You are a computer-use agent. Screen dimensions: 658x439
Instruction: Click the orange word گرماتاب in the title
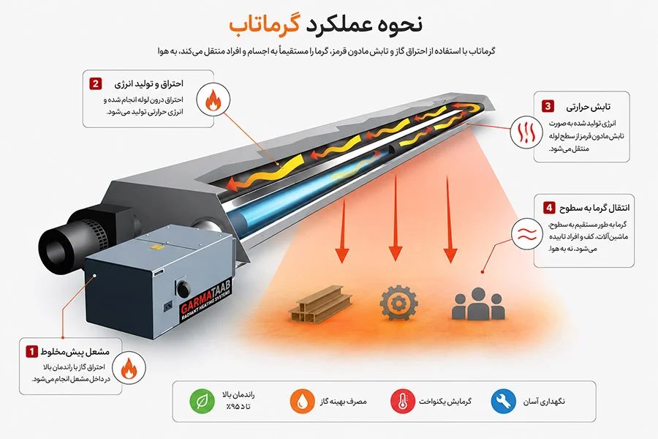265,23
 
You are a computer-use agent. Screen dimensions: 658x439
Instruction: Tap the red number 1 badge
31,351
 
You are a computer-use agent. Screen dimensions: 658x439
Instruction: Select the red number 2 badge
95,83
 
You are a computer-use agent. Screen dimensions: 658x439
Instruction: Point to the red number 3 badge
548,106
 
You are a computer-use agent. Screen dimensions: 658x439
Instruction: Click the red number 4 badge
549,208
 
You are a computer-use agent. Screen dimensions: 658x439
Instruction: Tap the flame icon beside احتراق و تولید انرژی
213,100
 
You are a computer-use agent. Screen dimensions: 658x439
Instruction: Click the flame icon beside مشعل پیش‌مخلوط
129,368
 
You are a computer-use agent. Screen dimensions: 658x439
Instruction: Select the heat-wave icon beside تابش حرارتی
526,132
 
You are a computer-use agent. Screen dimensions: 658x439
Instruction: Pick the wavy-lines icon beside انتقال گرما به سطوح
527,234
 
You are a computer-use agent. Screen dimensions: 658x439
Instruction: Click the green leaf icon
202,401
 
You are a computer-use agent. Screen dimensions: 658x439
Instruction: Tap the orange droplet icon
302,401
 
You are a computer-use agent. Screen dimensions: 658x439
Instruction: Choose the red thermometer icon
403,401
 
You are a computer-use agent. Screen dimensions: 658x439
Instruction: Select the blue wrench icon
504,401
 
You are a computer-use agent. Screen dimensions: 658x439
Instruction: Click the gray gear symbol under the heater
398,302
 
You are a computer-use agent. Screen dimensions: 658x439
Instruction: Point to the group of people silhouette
478,304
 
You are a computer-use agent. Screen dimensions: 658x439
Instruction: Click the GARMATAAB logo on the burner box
206,301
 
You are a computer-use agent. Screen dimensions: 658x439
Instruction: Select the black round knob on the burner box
183,289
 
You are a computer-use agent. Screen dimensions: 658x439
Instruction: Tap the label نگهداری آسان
544,402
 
